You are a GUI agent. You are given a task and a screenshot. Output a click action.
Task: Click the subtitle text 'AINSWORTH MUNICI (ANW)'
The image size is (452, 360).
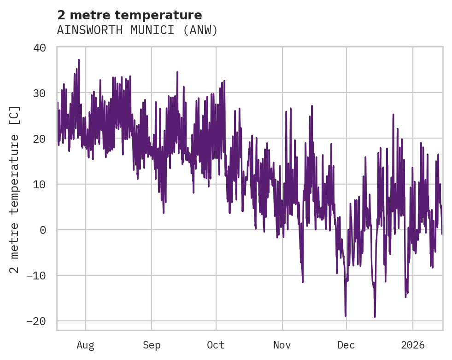(x=137, y=30)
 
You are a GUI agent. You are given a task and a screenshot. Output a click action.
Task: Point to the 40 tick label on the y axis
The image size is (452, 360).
(x=40, y=47)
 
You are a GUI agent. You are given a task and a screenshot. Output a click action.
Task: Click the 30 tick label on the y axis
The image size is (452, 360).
(x=40, y=93)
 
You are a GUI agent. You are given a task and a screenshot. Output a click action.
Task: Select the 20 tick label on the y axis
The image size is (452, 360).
(x=40, y=139)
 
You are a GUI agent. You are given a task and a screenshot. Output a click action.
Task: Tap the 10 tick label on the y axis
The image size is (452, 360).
(x=40, y=184)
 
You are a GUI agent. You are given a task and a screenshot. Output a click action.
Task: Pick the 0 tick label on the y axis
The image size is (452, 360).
(x=43, y=230)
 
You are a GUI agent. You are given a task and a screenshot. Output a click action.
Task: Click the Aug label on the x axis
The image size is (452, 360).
(x=86, y=345)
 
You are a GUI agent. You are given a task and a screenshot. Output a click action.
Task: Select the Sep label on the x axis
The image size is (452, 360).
(x=151, y=345)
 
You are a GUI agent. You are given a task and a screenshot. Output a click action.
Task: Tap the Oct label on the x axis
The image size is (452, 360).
(x=216, y=345)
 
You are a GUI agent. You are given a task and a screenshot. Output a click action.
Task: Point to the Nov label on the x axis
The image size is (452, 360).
(x=282, y=345)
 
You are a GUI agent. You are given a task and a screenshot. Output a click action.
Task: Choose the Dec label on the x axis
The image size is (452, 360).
(x=346, y=345)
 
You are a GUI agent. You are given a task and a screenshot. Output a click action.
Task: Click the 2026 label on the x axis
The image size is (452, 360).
(x=413, y=345)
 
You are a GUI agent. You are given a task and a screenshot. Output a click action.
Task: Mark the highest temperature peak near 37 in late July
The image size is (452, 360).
(x=79, y=60)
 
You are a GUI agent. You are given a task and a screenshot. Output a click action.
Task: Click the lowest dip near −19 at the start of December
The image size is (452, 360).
(x=346, y=316)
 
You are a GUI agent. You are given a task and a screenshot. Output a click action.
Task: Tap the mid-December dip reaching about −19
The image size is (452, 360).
(x=375, y=316)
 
